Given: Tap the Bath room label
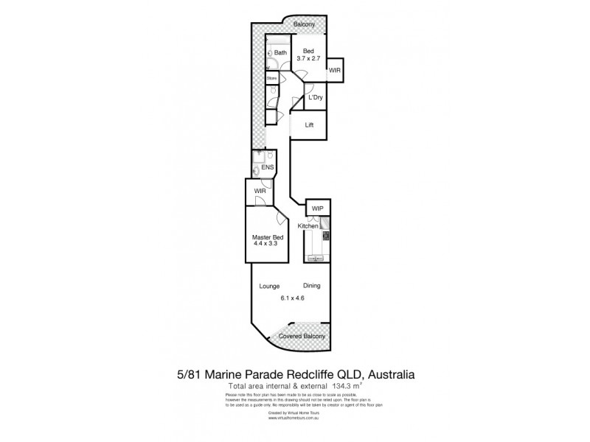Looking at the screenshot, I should click(280, 53).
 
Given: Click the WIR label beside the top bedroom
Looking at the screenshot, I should click(334, 71).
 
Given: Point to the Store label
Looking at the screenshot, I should click(271, 77).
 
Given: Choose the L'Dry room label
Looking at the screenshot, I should click(316, 98).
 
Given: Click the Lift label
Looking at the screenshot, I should click(310, 125).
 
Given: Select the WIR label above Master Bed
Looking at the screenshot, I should click(260, 191).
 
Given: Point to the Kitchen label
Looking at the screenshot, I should click(308, 226).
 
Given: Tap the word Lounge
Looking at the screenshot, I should click(268, 285).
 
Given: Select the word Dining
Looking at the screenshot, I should click(311, 285).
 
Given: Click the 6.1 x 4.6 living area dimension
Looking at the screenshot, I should click(293, 298).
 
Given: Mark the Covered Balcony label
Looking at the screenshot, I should click(302, 336).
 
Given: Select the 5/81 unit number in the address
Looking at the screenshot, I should click(188, 374).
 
